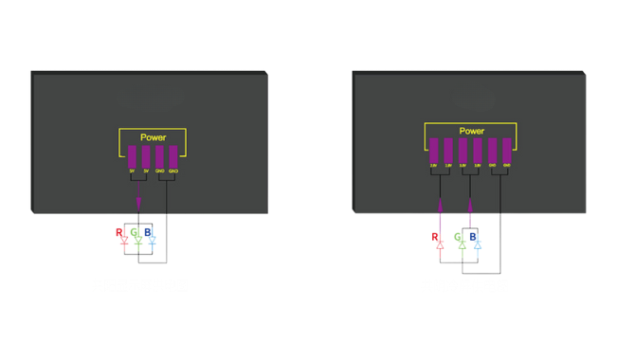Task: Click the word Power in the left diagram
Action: point(153,138)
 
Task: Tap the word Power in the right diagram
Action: point(471,131)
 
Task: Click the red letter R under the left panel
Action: point(119,231)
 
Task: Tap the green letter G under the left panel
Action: point(136,231)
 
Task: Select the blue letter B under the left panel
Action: point(149,231)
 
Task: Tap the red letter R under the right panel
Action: point(434,236)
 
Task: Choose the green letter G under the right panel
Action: point(458,236)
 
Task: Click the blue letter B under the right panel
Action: point(474,236)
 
